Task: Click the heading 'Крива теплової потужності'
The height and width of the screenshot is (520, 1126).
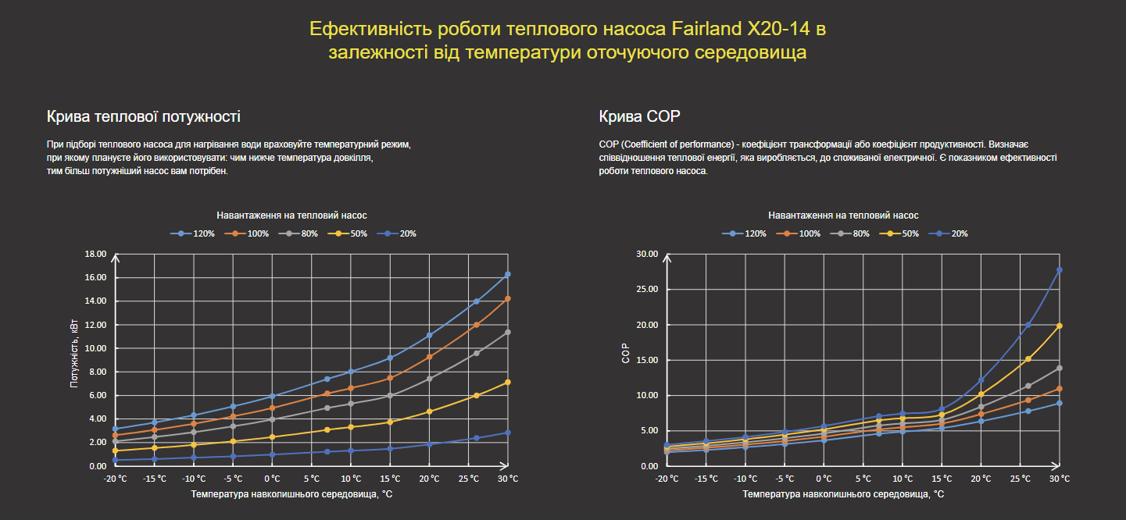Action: click(x=143, y=117)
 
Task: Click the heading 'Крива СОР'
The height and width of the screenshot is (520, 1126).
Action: click(x=639, y=117)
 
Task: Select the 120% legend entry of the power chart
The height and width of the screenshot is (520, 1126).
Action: click(x=199, y=233)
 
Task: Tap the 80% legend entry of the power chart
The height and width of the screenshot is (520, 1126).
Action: click(x=305, y=233)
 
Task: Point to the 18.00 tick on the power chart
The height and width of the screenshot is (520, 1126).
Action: click(x=95, y=255)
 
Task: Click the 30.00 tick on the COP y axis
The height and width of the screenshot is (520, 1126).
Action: click(x=648, y=255)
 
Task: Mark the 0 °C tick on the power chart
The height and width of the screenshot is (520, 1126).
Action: click(x=272, y=479)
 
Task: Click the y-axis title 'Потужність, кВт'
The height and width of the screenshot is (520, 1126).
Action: click(x=74, y=360)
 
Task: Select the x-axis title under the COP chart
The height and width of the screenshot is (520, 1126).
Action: click(x=842, y=494)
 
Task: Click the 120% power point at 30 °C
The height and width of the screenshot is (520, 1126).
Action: click(x=508, y=274)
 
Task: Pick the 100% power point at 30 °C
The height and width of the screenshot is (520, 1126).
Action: click(x=508, y=298)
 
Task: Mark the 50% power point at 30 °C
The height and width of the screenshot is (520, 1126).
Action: click(x=508, y=382)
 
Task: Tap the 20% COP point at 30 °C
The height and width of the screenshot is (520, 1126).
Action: click(x=1060, y=270)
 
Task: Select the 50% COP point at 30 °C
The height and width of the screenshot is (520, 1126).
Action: click(x=1060, y=326)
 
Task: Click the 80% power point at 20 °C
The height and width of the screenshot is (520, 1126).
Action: click(x=429, y=379)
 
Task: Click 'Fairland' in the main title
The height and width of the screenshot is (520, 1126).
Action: click(x=706, y=30)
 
